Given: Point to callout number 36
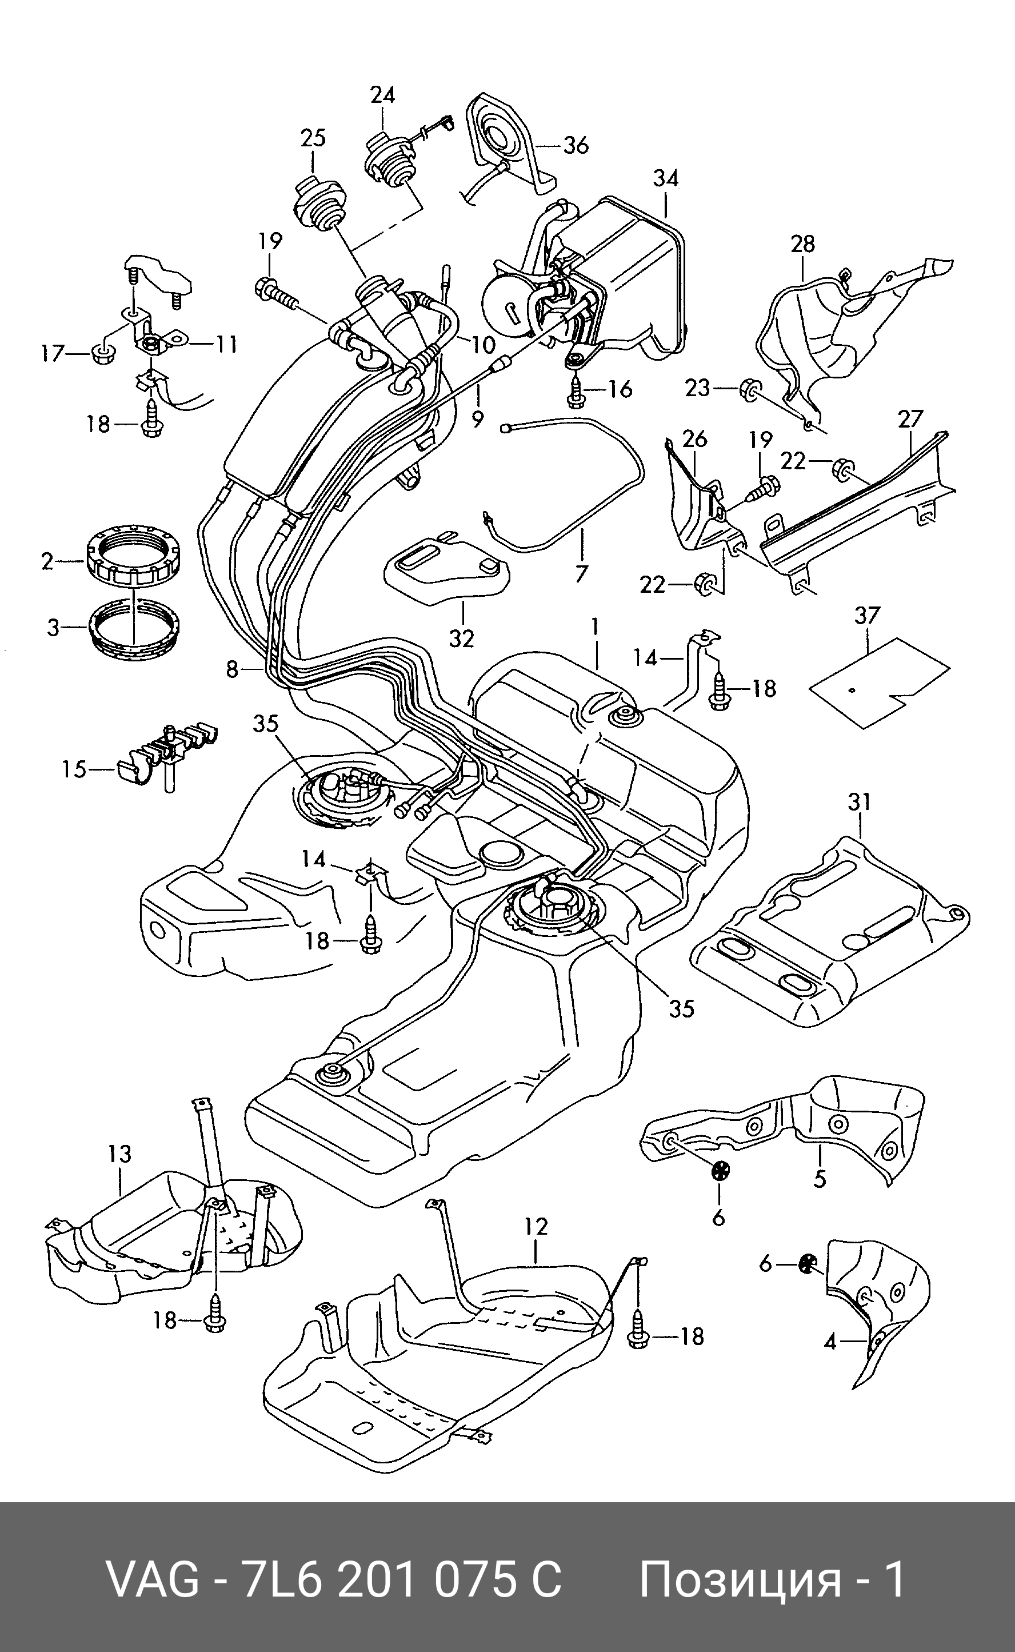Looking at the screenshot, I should [576, 145].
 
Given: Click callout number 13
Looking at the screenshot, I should [119, 1154].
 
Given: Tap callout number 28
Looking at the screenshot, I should [803, 244].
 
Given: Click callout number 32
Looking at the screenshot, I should [461, 639].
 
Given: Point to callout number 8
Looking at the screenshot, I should [232, 669].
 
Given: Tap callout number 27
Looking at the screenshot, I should [910, 420].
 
